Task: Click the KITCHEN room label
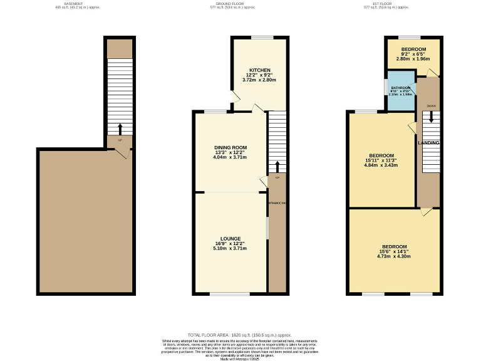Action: point(260,70)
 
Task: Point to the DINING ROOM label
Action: point(231,148)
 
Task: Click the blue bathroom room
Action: point(400,92)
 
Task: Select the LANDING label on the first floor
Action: point(429,143)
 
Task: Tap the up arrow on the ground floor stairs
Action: point(277,165)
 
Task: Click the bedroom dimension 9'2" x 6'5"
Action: point(413,55)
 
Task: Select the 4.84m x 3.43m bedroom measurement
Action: point(381,165)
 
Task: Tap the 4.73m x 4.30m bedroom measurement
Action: point(395,256)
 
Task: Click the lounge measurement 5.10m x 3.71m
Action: point(231,248)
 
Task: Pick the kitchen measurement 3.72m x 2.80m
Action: point(260,80)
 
